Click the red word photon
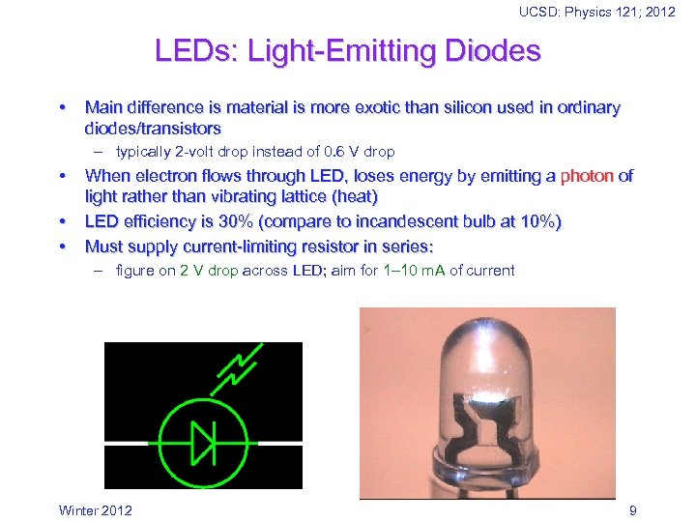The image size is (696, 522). click(587, 176)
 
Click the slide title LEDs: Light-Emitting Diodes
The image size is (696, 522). click(347, 50)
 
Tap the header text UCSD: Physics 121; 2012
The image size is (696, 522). click(597, 12)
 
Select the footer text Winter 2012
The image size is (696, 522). click(96, 509)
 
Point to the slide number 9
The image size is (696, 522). click(632, 509)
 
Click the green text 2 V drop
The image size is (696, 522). click(209, 271)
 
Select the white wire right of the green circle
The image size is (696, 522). click(276, 444)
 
